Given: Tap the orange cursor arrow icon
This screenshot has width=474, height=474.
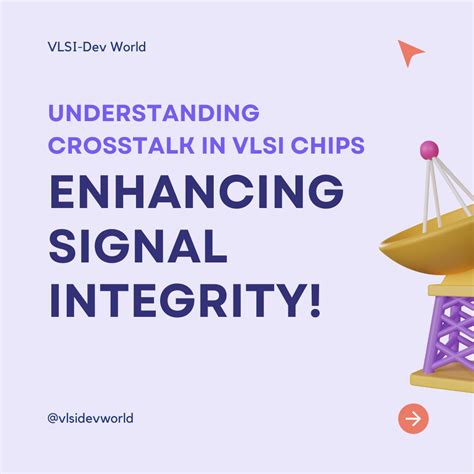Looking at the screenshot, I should (410, 53).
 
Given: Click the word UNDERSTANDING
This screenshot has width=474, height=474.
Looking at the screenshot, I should (153, 113).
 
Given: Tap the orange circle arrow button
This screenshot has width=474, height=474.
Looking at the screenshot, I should (412, 418).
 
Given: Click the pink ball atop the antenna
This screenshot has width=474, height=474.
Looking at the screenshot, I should (429, 150).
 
